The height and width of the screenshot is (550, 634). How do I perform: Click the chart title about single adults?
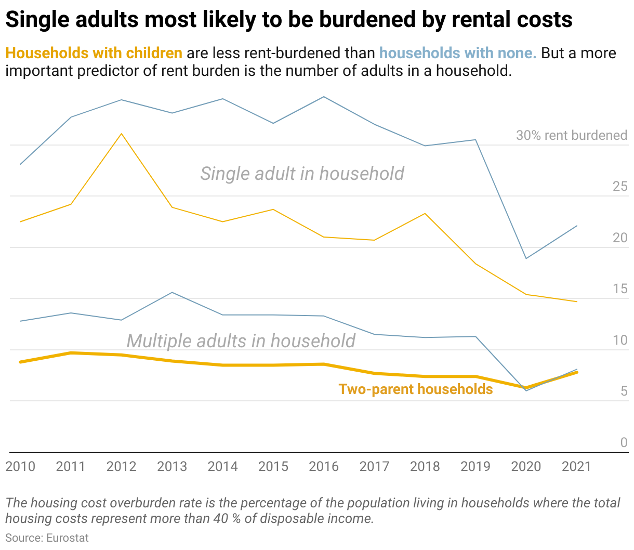[x=289, y=20]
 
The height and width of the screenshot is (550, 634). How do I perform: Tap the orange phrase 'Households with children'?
[x=94, y=53]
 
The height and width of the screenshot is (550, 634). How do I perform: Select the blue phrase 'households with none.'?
[x=457, y=53]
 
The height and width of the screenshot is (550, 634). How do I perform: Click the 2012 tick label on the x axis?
[x=121, y=466]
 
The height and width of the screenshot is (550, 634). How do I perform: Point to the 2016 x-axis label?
[x=324, y=466]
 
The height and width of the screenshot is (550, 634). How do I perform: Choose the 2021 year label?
[x=576, y=466]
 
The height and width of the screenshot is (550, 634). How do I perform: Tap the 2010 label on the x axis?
[x=20, y=466]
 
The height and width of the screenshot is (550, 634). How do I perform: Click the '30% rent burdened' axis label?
[x=572, y=135]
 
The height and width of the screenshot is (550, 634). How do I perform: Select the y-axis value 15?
[x=620, y=289]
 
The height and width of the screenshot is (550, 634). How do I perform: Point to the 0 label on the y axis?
[x=624, y=443]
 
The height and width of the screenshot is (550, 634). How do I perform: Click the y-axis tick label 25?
[x=620, y=187]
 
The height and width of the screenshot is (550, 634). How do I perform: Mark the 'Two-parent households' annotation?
[x=416, y=389]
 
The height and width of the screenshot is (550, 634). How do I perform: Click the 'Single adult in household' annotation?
[x=302, y=174]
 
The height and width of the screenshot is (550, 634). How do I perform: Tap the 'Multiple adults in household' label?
[x=241, y=341]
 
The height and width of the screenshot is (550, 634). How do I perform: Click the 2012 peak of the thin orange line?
[x=122, y=134]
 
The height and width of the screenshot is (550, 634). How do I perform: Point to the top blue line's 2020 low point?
[x=526, y=258]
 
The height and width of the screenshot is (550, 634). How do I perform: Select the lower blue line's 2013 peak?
[x=172, y=292]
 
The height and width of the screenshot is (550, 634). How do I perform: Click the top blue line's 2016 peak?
[x=324, y=97]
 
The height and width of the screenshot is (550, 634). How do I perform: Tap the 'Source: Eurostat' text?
[x=47, y=538]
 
